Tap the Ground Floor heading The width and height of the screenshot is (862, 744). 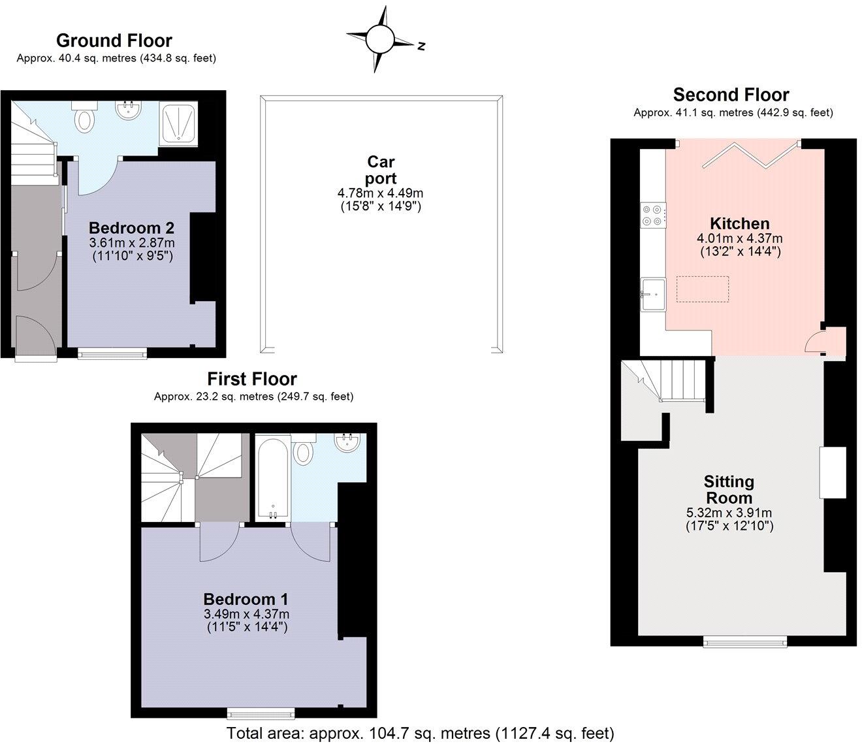click(x=114, y=40)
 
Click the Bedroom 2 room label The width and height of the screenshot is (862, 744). click(x=131, y=228)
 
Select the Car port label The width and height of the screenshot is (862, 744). click(x=381, y=170)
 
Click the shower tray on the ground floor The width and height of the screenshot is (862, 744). click(x=178, y=123)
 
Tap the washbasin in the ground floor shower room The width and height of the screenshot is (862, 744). click(x=129, y=110)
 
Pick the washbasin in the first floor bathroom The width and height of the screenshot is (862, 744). click(x=347, y=444)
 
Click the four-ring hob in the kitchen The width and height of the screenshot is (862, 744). click(x=653, y=216)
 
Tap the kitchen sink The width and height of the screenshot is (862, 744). click(x=652, y=295)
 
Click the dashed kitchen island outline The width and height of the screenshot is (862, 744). click(x=703, y=289)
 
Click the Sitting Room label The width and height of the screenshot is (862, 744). click(x=729, y=489)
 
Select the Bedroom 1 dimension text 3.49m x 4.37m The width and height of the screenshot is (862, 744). click(x=246, y=614)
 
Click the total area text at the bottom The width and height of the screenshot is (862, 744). click(x=420, y=733)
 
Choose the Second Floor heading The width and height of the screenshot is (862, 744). click(x=731, y=95)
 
